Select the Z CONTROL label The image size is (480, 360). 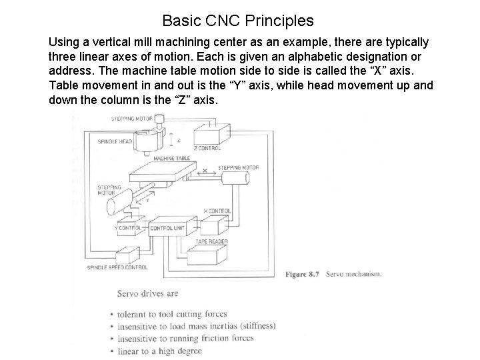[207, 148]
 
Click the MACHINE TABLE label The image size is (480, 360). [172, 159]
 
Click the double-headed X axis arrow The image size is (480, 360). [205, 173]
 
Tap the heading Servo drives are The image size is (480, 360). [148, 293]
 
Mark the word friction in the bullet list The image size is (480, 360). [225, 338]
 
